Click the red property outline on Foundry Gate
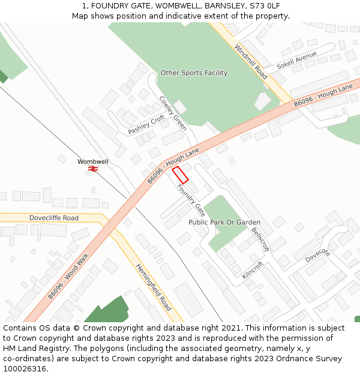pos(181,175)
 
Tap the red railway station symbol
pos(93,169)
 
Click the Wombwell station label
pos(93,162)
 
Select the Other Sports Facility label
pos(194,73)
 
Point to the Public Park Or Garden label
pos(224,222)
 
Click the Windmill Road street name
pos(251,62)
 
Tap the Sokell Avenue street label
pos(296,61)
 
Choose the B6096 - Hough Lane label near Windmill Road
pos(323,96)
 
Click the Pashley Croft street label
pos(146,124)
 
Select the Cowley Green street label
pos(172,113)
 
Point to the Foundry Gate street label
pos(191,200)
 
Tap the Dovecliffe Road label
pos(54,218)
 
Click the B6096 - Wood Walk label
pos(68,277)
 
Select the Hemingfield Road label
pos(153,287)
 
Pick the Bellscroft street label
pos(260,239)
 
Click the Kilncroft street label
pos(253,269)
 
